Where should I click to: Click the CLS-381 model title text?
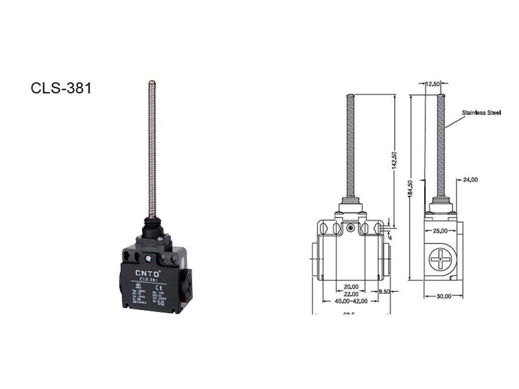coord(61,88)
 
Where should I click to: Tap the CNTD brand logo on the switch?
coord(148,273)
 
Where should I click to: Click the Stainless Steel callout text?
coord(481,113)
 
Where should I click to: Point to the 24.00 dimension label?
coord(470,180)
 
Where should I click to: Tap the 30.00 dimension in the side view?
coord(444,296)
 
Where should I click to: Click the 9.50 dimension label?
coord(384,292)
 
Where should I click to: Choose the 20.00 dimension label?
coord(351,287)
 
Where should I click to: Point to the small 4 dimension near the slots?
coord(390,237)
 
